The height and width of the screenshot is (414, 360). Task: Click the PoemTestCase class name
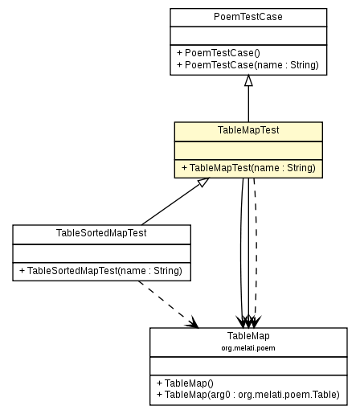[247, 17]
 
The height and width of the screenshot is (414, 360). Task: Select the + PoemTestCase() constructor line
[212, 52]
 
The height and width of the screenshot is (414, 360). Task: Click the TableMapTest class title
[248, 130]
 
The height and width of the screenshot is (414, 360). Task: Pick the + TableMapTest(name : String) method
[248, 168]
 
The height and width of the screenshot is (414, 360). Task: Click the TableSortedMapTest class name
[101, 233]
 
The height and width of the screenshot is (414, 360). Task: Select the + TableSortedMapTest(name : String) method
[101, 271]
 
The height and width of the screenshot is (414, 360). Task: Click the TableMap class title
[248, 335]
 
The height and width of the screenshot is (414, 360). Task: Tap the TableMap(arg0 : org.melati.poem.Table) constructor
[248, 395]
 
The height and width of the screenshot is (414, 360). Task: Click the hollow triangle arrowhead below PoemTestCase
[248, 81]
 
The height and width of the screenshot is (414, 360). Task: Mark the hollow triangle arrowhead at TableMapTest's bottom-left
[203, 183]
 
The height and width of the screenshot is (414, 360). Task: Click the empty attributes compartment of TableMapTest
[248, 150]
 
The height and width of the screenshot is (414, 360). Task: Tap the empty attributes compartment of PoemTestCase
[247, 35]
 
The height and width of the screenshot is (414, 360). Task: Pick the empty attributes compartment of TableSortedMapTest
[101, 252]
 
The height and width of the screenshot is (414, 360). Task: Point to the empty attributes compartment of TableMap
[248, 365]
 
